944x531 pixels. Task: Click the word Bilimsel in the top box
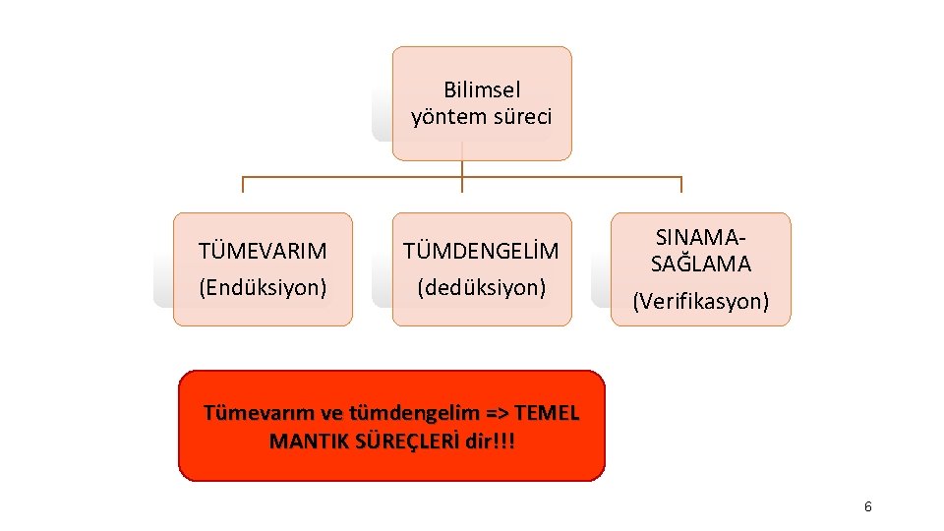pyautogui.click(x=482, y=89)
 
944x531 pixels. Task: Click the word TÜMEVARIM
pyautogui.click(x=263, y=251)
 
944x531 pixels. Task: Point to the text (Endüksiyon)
pyautogui.click(x=263, y=287)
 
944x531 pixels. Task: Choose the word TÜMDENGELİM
pyautogui.click(x=481, y=251)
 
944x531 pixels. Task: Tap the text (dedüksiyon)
pyautogui.click(x=481, y=287)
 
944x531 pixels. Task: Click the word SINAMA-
pyautogui.click(x=701, y=237)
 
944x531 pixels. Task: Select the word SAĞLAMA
pyautogui.click(x=701, y=264)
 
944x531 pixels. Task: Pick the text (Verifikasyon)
pyautogui.click(x=701, y=301)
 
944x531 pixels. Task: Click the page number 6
pyautogui.click(x=867, y=506)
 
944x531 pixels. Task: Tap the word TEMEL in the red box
pyautogui.click(x=547, y=412)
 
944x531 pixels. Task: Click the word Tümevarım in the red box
pyautogui.click(x=251, y=412)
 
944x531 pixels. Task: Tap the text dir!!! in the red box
pyautogui.click(x=490, y=440)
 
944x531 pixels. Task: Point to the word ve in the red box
pyautogui.click(x=317, y=412)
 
